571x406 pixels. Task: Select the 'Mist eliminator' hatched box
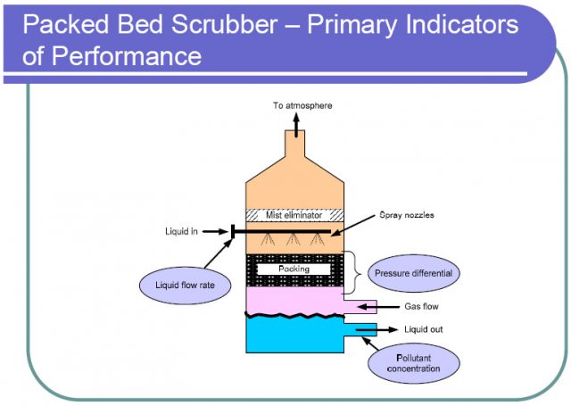pos(294,215)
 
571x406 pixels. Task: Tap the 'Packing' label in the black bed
pos(294,269)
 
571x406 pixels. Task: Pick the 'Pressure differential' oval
pos(413,273)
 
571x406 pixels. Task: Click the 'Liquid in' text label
pos(182,232)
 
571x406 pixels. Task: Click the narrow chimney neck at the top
pos(294,142)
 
